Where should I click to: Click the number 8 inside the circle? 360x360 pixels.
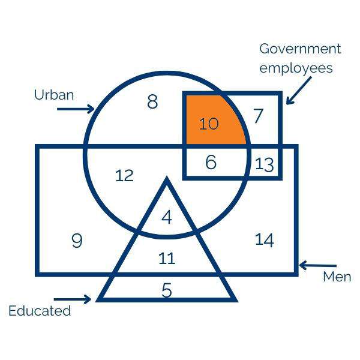coord(152,102)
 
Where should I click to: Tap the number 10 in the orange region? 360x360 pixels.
coord(209,124)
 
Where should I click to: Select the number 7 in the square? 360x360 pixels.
coord(259,116)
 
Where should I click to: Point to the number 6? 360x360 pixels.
coord(211,162)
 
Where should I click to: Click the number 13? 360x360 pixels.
coord(265,164)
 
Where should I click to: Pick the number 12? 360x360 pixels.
coord(124,176)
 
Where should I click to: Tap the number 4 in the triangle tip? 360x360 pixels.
coord(167,217)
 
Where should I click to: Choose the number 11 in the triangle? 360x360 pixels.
coord(167,259)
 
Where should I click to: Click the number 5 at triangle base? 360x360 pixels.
coord(167,290)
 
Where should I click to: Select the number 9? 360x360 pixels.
coord(77,241)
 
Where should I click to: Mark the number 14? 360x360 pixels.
coord(265,240)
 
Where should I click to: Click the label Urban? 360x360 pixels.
coord(54,95)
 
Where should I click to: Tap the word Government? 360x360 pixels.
coord(300,49)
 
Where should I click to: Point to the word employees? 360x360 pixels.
coord(296,68)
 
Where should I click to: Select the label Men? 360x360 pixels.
coord(337,277)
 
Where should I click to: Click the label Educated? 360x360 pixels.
coord(40,311)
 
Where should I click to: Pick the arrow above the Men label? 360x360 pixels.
coord(318,265)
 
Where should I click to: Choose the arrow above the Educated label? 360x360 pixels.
coord(73,298)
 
